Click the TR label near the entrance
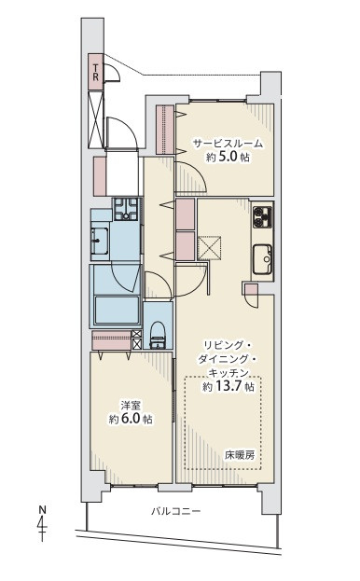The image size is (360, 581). (95, 73)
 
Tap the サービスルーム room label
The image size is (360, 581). (228, 144)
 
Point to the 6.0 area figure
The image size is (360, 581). (130, 419)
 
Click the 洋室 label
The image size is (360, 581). (130, 405)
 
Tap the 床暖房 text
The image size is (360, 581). (240, 455)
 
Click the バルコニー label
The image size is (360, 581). (176, 512)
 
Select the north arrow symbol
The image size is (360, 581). (43, 523)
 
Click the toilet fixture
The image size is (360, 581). (158, 336)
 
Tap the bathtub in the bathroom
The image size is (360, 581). (117, 310)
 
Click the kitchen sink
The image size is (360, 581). (263, 258)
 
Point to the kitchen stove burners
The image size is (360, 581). (262, 217)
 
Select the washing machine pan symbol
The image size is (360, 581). (126, 209)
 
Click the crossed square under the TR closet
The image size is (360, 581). (95, 119)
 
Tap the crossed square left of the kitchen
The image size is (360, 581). (209, 246)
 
